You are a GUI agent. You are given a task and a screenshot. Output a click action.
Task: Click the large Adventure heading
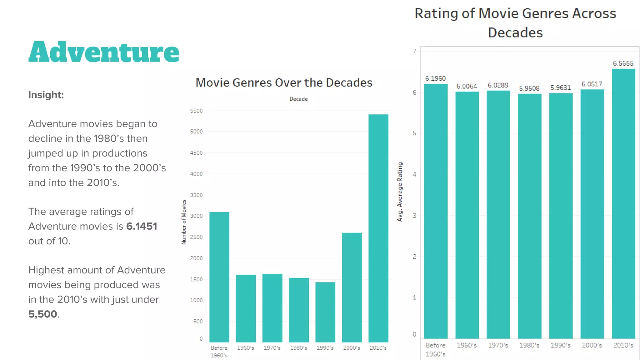[x=104, y=52]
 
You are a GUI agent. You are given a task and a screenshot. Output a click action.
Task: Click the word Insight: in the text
[x=46, y=95]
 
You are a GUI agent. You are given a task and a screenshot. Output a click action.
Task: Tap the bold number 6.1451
[x=142, y=226]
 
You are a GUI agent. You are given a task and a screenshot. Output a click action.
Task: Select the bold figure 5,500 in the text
[x=43, y=314]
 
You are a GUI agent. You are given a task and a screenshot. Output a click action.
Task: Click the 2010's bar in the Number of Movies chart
[x=378, y=228]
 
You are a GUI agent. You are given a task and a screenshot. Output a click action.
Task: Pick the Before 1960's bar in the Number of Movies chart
[x=219, y=277]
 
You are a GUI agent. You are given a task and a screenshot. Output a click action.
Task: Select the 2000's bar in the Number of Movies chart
[x=352, y=287]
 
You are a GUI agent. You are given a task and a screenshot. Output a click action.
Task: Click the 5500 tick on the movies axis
[x=196, y=111]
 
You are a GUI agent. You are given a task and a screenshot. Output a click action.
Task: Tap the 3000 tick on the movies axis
[x=196, y=216]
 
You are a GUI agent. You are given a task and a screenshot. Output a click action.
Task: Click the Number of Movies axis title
[x=184, y=222]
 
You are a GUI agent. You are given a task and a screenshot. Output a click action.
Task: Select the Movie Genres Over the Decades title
[x=284, y=83]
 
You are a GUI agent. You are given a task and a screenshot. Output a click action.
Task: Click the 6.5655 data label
[x=623, y=63]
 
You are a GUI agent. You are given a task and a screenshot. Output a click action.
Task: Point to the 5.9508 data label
[x=529, y=88]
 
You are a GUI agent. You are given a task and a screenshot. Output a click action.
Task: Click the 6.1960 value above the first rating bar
[x=435, y=78]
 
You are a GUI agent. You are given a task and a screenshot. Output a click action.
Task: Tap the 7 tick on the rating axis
[x=414, y=51]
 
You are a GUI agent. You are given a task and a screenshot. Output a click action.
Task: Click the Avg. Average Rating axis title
[x=400, y=192]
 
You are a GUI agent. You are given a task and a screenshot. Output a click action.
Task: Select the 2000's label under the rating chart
[x=592, y=345]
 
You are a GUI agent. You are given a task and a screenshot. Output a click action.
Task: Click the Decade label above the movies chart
[x=298, y=99]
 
